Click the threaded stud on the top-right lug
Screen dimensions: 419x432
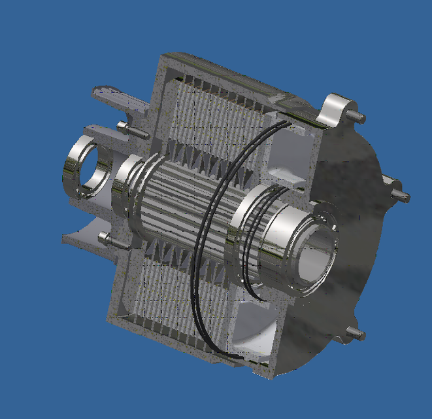tap(357, 115)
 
